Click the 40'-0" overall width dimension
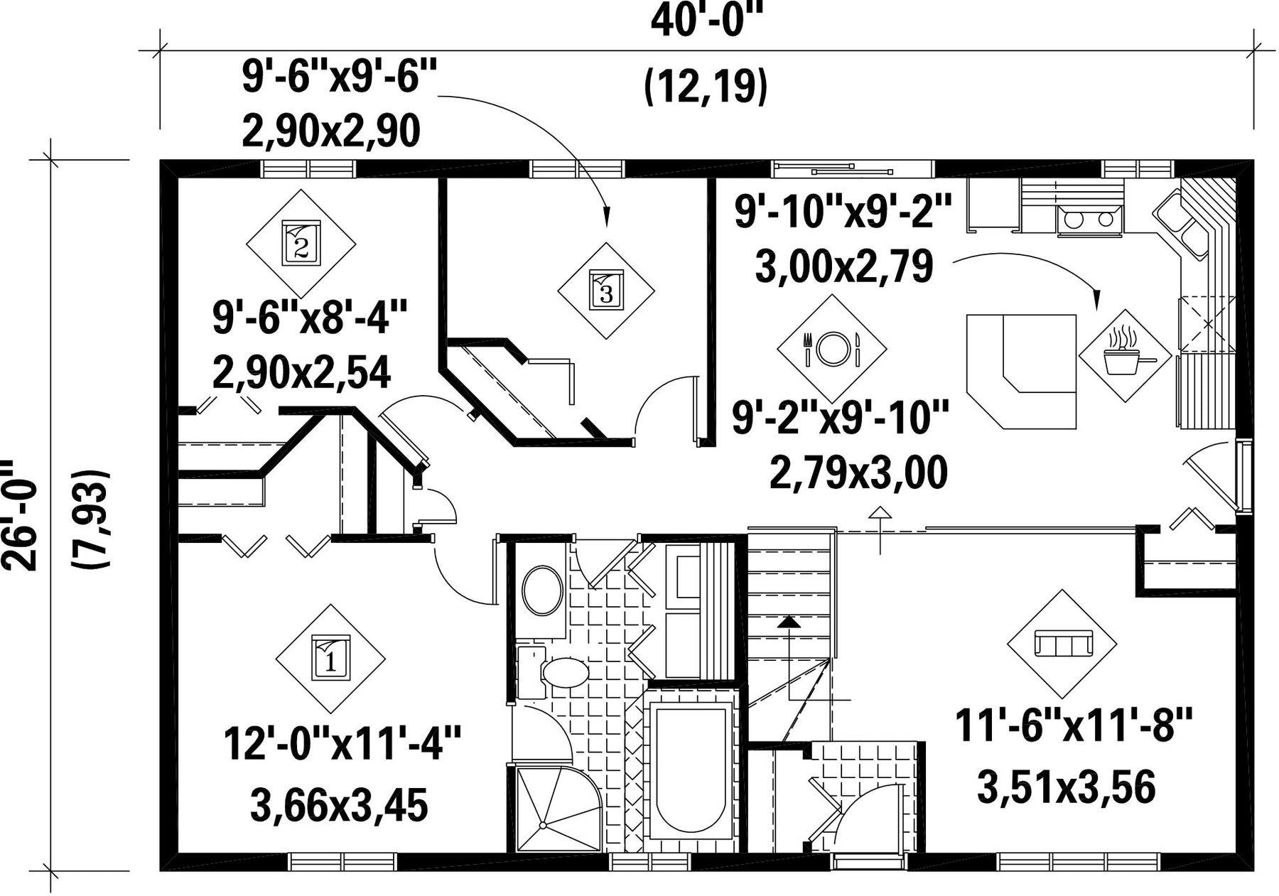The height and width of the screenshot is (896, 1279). [x=706, y=21]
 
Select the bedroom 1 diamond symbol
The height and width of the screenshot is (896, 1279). [x=330, y=659]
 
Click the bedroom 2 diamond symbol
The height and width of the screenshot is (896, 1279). [x=301, y=243]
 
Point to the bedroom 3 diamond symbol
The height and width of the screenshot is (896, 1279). [x=606, y=291]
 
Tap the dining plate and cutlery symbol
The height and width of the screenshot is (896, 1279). [x=832, y=348]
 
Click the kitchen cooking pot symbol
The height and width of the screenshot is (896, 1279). [x=1125, y=355]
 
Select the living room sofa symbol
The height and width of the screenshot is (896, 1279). [x=1062, y=644]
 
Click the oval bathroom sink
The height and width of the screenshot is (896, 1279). [x=542, y=590]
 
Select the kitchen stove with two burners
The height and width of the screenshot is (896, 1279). [x=1089, y=220]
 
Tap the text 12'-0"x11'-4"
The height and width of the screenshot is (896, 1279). [x=342, y=743]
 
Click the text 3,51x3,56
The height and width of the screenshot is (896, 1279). [x=1067, y=787]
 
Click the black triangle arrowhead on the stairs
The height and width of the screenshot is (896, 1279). [x=789, y=622]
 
